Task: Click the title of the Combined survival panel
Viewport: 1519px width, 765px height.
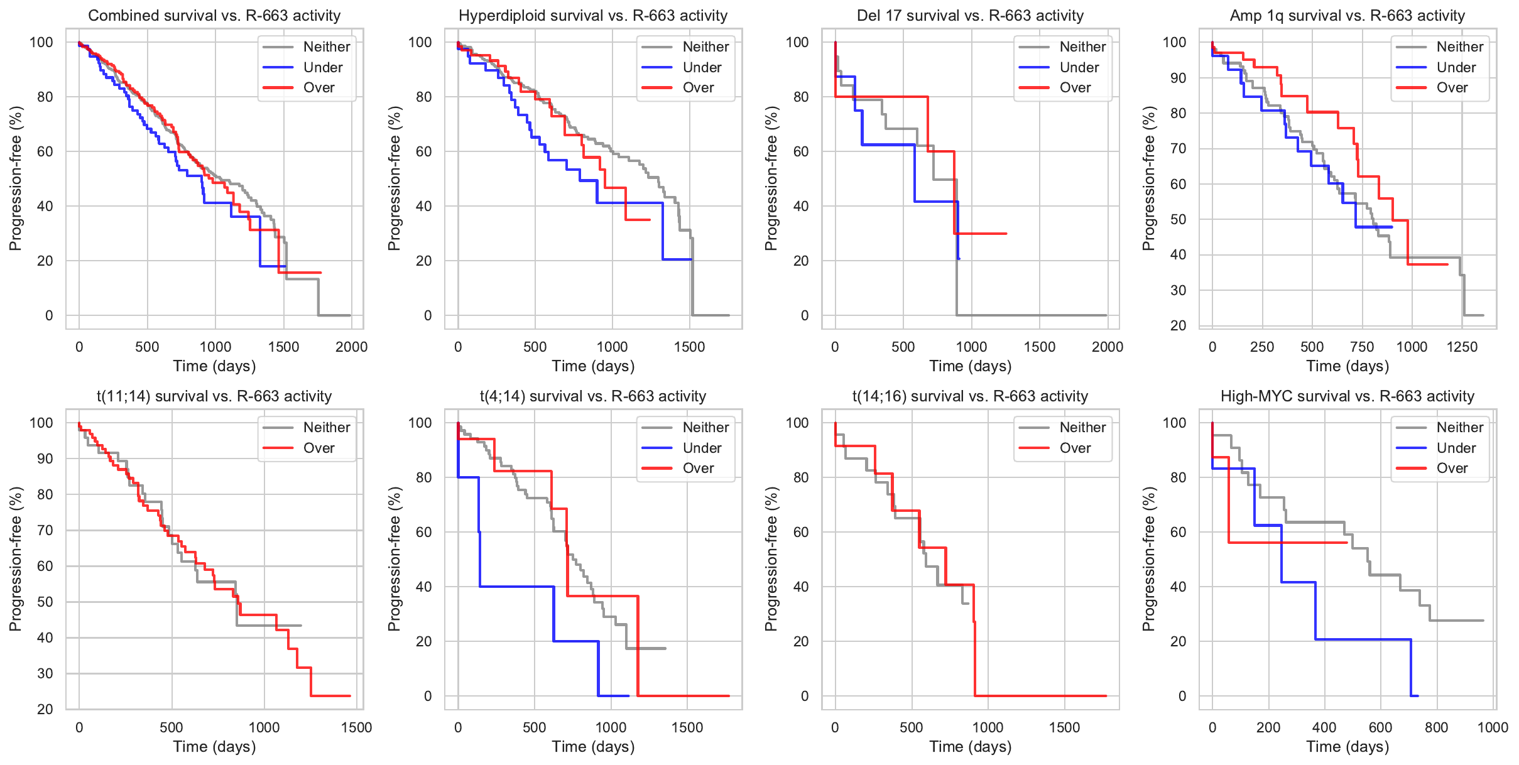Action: [x=214, y=16]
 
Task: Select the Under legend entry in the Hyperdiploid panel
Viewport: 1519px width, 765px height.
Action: [x=702, y=67]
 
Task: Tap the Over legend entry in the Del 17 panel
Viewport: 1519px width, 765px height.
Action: [x=1075, y=88]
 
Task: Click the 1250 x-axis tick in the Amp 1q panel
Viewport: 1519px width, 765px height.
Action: [x=1462, y=347]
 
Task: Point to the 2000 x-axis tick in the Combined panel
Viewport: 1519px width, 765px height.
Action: [x=351, y=347]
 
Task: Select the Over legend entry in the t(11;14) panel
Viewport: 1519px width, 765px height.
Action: [x=318, y=448]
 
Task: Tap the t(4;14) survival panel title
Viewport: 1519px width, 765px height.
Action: [x=593, y=396]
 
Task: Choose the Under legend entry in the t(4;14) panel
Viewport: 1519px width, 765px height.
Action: [x=702, y=448]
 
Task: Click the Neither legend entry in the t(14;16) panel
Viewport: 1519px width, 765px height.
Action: [x=1082, y=427]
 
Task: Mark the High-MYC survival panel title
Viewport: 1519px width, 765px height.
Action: [x=1347, y=396]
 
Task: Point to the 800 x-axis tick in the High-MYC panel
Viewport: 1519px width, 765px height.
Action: [x=1436, y=727]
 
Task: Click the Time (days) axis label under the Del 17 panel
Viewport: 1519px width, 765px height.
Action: [x=970, y=366]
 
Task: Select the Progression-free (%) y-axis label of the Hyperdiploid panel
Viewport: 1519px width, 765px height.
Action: [x=394, y=178]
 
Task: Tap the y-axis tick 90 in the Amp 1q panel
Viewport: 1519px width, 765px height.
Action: [x=1174, y=78]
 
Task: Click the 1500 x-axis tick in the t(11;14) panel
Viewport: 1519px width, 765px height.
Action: [x=356, y=727]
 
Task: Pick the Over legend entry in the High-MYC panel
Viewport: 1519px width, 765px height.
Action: [x=1452, y=469]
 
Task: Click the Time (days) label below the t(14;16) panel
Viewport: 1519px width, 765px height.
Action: [x=970, y=747]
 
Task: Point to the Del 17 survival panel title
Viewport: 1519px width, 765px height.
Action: [x=970, y=16]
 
